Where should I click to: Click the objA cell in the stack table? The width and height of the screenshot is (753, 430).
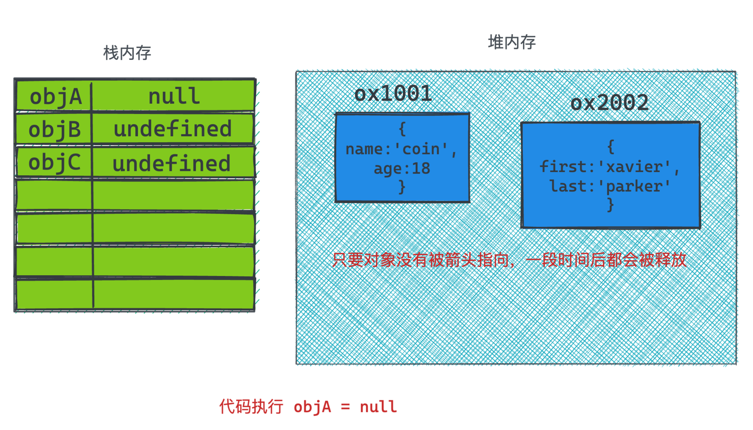[55, 97]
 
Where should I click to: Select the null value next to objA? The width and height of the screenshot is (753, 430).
[174, 96]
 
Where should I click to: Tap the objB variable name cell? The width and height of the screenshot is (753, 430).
[54, 129]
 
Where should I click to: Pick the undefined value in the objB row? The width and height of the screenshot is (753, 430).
[172, 129]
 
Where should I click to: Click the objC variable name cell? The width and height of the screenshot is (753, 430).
[54, 162]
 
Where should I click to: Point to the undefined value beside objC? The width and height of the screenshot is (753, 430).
[172, 163]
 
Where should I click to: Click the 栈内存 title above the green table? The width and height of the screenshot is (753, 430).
[127, 53]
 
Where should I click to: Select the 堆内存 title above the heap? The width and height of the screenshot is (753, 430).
[512, 42]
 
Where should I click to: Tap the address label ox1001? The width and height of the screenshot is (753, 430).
[393, 93]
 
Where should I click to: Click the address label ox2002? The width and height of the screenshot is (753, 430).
[609, 103]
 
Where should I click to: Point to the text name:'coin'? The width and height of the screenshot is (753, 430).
[401, 149]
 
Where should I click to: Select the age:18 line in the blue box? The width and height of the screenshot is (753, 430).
[402, 168]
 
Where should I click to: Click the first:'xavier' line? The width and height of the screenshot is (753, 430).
[609, 167]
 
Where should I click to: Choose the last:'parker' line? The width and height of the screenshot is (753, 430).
[610, 186]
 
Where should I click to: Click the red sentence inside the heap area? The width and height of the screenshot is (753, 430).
[509, 260]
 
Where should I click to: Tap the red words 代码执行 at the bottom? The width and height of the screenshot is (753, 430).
[251, 407]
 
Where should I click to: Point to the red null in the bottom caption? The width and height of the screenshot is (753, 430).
[378, 407]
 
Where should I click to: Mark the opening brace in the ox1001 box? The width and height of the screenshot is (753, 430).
[402, 129]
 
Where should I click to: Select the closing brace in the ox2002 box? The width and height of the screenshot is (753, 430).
[610, 204]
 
